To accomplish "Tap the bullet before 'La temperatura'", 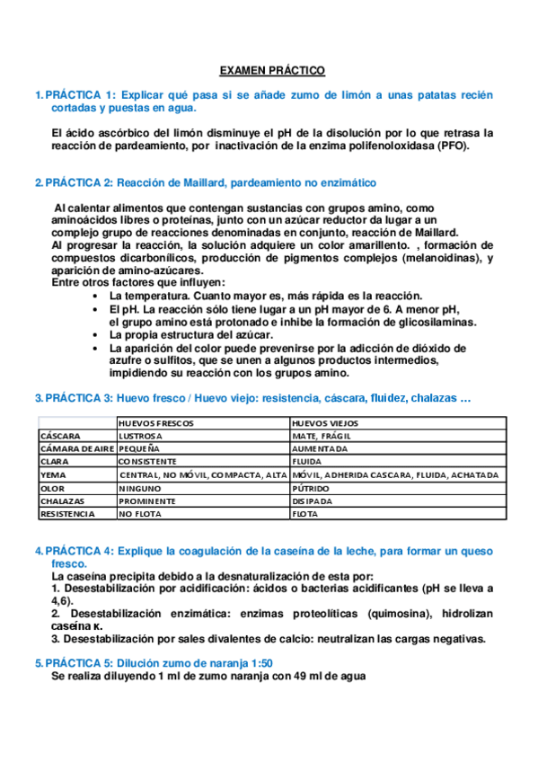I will coord(96,297).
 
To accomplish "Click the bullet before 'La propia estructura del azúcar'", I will coord(96,335).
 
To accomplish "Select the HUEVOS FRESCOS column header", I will coord(155,422).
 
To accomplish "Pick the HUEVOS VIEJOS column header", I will coord(325,422).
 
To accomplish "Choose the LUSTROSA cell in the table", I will coord(145,436).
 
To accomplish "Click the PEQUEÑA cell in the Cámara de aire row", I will coord(139,448).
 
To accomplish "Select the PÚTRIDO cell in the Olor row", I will coord(311,488).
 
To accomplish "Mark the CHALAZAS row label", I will coord(64,501).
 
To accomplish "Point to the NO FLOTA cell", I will coord(141,514).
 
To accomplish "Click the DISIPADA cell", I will coord(313,501).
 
